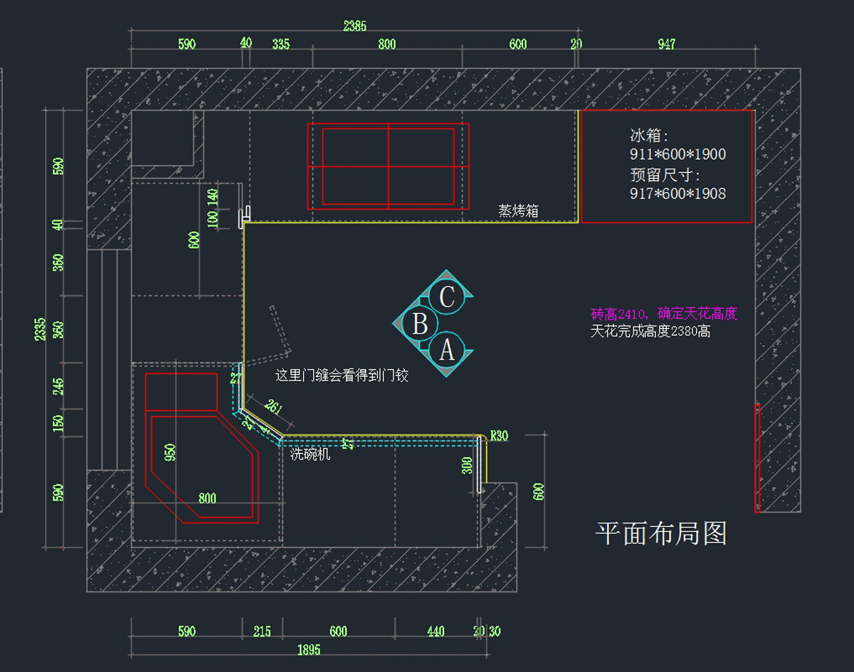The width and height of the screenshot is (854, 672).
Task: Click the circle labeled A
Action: pyautogui.click(x=447, y=350)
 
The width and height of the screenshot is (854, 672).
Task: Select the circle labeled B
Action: pyautogui.click(x=420, y=324)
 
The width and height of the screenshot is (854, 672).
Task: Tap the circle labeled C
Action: pyautogui.click(x=447, y=297)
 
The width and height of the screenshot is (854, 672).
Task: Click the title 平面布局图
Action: pyautogui.click(x=660, y=533)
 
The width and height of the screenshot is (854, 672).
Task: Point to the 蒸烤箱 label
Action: pyautogui.click(x=518, y=210)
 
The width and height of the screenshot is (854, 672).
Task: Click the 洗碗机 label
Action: pyautogui.click(x=310, y=454)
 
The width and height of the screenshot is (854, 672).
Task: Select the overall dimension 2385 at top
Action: pyautogui.click(x=354, y=26)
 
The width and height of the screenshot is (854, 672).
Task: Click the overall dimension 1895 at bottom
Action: pyautogui.click(x=309, y=649)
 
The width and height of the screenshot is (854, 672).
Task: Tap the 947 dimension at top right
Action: pyautogui.click(x=666, y=44)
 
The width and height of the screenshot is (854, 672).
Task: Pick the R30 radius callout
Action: pyautogui.click(x=500, y=436)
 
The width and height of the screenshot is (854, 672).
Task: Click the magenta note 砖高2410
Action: pyautogui.click(x=663, y=314)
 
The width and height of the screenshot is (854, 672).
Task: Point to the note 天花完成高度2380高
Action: pyautogui.click(x=650, y=331)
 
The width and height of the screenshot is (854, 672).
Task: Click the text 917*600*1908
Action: pyautogui.click(x=678, y=193)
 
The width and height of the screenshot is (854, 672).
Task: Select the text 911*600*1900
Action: pyautogui.click(x=678, y=154)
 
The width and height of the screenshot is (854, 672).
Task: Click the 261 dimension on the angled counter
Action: pyautogui.click(x=273, y=407)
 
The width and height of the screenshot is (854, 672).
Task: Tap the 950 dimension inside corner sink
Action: pyautogui.click(x=170, y=452)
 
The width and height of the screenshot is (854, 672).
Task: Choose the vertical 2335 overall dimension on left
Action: pyautogui.click(x=41, y=329)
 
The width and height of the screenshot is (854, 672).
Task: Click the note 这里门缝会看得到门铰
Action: pyautogui.click(x=342, y=375)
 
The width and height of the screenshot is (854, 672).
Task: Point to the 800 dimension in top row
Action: pyautogui.click(x=387, y=44)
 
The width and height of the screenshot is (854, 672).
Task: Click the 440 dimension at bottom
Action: pyautogui.click(x=436, y=631)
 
